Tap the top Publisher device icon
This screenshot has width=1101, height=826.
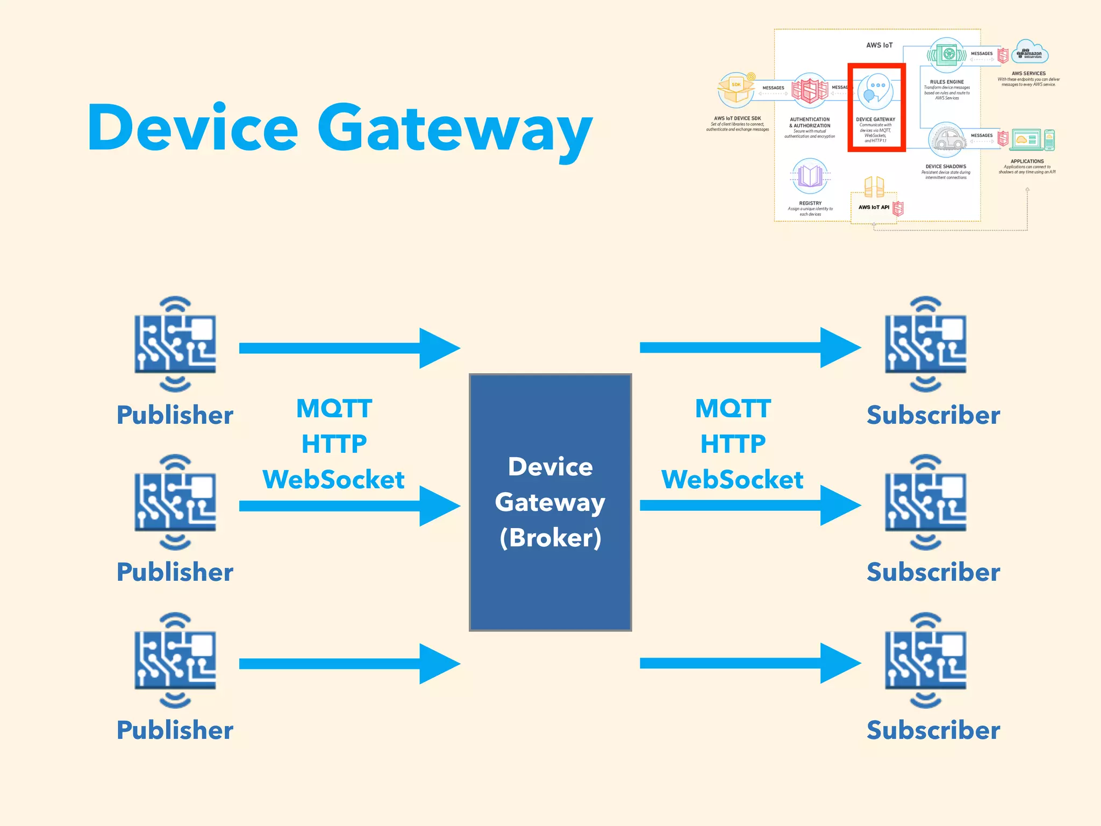tap(175, 344)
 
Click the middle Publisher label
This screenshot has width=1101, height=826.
tap(175, 572)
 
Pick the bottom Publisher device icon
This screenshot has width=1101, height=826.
tap(175, 660)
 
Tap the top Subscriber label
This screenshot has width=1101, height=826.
tap(933, 415)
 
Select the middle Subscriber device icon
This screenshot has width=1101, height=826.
tap(925, 502)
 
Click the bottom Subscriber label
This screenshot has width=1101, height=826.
tap(933, 730)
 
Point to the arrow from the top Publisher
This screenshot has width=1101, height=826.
tap(349, 348)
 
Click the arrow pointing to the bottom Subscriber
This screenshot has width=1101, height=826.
tap(750, 664)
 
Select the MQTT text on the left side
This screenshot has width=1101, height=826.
tap(334, 409)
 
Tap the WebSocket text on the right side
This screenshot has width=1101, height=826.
tap(732, 479)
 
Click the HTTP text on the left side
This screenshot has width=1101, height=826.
tap(334, 444)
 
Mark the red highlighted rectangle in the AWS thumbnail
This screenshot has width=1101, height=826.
tap(876, 108)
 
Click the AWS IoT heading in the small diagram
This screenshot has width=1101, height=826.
tap(879, 45)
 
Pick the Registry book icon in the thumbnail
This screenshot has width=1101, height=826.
tap(810, 176)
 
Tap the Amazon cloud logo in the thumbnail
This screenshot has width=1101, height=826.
tap(1029, 53)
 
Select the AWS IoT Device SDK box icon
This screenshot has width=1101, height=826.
tap(736, 90)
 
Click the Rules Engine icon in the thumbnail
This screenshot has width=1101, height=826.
tap(947, 55)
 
